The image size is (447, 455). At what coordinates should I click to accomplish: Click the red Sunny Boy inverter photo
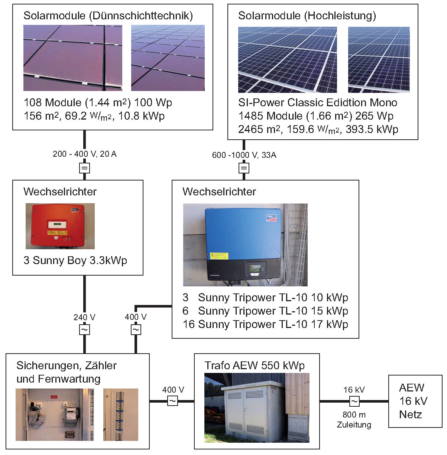coord(60,226)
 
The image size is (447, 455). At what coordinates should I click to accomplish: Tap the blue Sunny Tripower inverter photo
coord(245,245)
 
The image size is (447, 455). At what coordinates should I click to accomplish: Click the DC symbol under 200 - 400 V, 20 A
coord(85,168)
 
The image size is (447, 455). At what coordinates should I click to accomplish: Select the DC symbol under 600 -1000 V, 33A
coord(244,168)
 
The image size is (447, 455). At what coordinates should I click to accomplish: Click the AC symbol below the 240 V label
coord(85,329)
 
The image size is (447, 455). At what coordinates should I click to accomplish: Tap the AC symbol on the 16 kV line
coord(354,402)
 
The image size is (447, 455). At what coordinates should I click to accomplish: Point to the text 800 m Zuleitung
coord(354,420)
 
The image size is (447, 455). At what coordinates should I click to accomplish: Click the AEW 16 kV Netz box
coord(415,401)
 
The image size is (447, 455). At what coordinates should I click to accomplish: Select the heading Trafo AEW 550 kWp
coord(255,365)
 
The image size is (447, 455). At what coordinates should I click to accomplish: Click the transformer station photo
coord(256,408)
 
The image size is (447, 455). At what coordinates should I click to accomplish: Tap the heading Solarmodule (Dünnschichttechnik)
coord(108,16)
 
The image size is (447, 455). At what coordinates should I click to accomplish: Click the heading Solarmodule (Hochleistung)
coord(307,16)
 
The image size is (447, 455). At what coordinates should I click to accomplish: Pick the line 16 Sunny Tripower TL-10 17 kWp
coord(265,324)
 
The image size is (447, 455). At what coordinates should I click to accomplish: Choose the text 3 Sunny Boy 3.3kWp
coord(75,260)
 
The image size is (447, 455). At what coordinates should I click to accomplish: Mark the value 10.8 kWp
coord(142,116)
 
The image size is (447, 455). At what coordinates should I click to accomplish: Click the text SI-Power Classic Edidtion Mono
coord(318,103)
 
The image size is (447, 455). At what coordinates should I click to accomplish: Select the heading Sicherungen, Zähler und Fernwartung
coord(66,372)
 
